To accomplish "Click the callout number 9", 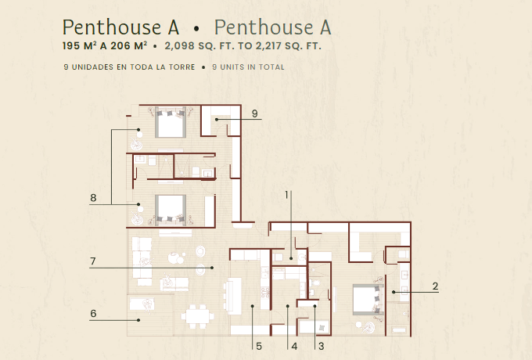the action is click(x=255, y=113).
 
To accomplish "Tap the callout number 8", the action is click(x=93, y=198).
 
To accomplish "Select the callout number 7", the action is click(x=93, y=261).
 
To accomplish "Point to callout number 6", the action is click(x=93, y=314).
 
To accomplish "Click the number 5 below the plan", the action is click(x=259, y=347).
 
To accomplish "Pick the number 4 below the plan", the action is click(x=294, y=347).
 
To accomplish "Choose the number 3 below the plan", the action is click(x=321, y=347).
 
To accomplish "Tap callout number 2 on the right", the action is click(x=435, y=286).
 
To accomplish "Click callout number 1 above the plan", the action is click(x=286, y=195).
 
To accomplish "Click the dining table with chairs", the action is click(x=197, y=316).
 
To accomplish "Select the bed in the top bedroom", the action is click(x=171, y=123).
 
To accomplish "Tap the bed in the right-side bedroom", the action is click(x=368, y=300).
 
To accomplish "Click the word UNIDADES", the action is click(x=92, y=67).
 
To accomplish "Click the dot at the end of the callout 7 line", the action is click(x=212, y=268).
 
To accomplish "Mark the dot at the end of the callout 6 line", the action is click(x=138, y=320).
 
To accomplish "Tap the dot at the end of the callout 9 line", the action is click(x=217, y=120).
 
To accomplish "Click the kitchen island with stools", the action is click(x=233, y=296).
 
